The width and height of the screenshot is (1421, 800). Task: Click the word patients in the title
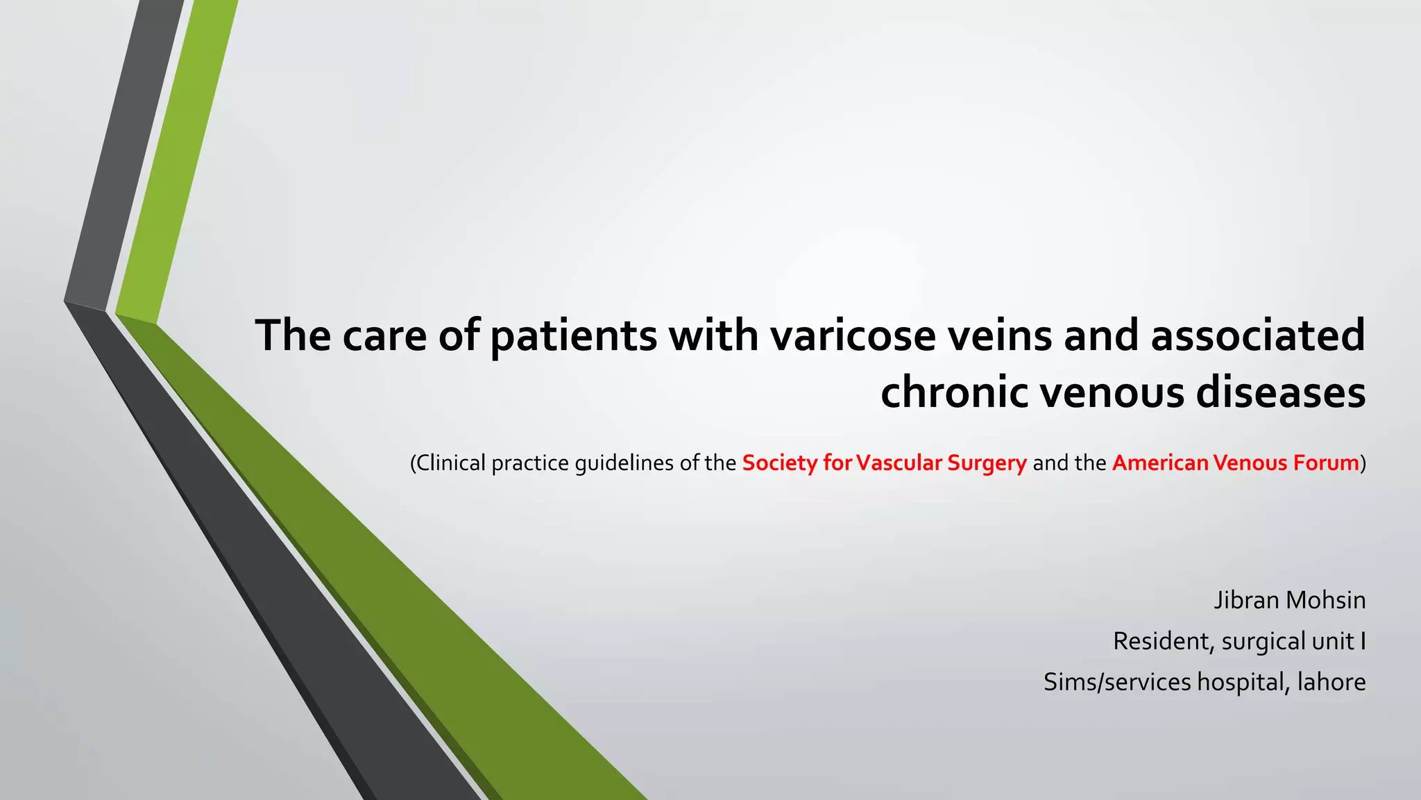coord(573,336)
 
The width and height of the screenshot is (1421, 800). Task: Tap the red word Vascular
coord(899,463)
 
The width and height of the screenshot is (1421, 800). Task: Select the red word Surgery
coord(987,464)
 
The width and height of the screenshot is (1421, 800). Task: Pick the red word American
coord(1159,463)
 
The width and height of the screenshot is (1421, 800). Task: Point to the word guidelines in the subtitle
coord(624,464)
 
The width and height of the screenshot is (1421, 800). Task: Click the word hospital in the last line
coord(1243,683)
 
